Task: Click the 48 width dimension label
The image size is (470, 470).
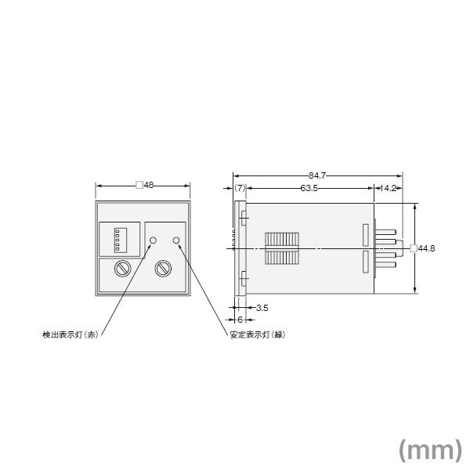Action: pos(146,186)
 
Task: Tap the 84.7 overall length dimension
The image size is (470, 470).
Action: pos(316,176)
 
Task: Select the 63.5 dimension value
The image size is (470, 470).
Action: pos(309,189)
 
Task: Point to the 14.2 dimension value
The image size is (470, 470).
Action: pos(389,189)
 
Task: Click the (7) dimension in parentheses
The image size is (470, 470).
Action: pos(240,189)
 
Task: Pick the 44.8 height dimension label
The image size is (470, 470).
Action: pos(425,248)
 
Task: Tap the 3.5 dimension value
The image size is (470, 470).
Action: pos(262,307)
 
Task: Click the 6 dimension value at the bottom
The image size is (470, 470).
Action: pos(240,320)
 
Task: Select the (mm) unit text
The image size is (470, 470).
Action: pos(431,449)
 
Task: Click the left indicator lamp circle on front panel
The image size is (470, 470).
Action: pos(154,240)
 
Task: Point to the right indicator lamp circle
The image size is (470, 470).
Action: pos(177,240)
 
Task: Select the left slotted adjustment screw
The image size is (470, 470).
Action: pos(123,269)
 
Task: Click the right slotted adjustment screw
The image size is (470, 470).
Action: pos(164,269)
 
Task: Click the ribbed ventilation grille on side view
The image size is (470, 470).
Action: pos(281,248)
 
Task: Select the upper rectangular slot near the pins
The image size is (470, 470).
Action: pos(365,234)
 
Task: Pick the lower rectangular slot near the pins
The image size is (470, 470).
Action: pos(365,262)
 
